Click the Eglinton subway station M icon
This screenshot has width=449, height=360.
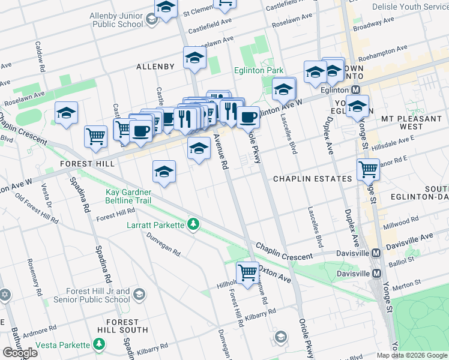pyautogui.click(x=355, y=89)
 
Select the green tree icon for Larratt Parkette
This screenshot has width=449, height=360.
pyautogui.click(x=193, y=225)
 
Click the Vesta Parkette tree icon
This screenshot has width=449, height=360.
pyautogui.click(x=99, y=345)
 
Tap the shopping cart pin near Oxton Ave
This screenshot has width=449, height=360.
pyautogui.click(x=247, y=273)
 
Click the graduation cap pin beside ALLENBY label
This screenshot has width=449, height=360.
pyautogui.click(x=194, y=58)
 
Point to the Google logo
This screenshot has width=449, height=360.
pyautogui.click(x=20, y=353)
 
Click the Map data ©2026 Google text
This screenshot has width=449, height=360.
pyautogui.click(x=412, y=355)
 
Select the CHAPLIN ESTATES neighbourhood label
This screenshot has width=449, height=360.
pyautogui.click(x=312, y=179)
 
